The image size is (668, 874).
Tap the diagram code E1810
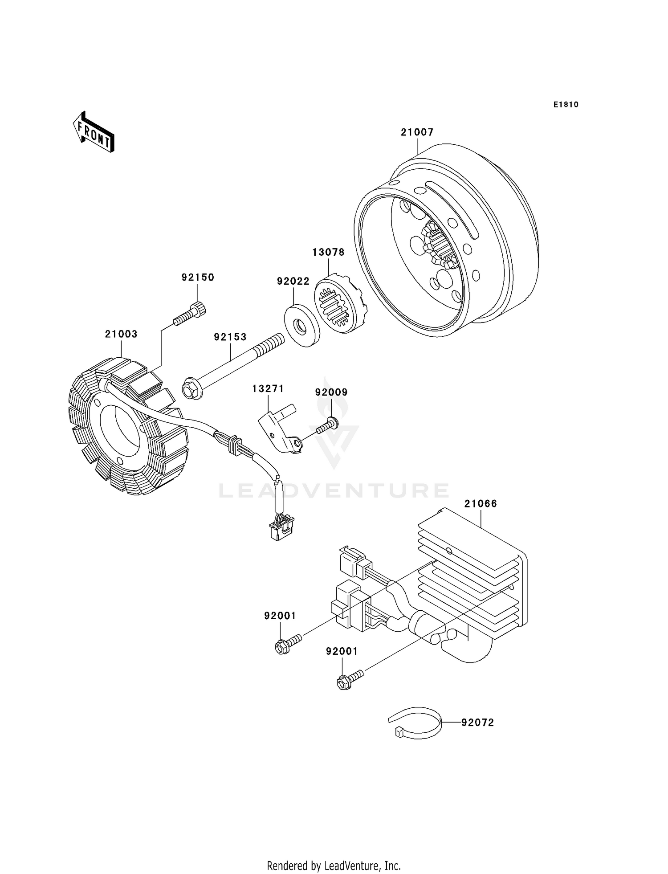[x=566, y=105]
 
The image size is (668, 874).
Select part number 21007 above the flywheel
[x=417, y=132]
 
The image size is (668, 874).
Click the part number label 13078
[x=328, y=252]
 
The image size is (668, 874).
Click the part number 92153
[x=230, y=337]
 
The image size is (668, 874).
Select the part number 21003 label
[x=121, y=334]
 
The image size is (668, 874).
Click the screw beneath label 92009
[x=327, y=425]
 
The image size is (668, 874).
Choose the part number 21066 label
[x=481, y=504]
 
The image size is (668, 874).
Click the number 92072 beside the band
[x=478, y=723]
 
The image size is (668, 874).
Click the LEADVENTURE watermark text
[x=334, y=490]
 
